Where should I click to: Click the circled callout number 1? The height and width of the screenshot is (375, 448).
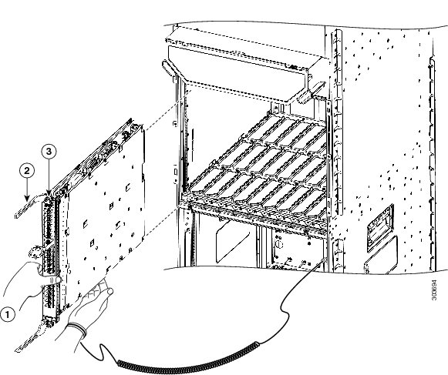(7, 314)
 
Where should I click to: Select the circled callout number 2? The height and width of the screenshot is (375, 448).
(27, 171)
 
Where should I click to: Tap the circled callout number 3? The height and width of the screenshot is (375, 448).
(49, 152)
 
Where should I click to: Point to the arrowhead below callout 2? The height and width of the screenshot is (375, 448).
(27, 198)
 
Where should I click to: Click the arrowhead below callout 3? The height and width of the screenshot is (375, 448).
(49, 192)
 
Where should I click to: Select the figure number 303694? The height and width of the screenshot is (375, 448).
(434, 290)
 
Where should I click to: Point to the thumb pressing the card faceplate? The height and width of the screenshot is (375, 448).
(56, 279)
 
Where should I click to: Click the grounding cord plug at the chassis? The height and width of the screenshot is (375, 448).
(324, 259)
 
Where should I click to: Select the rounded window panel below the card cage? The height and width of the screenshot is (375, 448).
(232, 242)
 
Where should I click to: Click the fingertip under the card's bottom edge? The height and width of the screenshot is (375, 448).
(109, 291)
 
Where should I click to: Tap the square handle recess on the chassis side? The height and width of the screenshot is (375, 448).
(381, 227)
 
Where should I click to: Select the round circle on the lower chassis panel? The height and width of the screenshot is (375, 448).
(278, 244)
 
